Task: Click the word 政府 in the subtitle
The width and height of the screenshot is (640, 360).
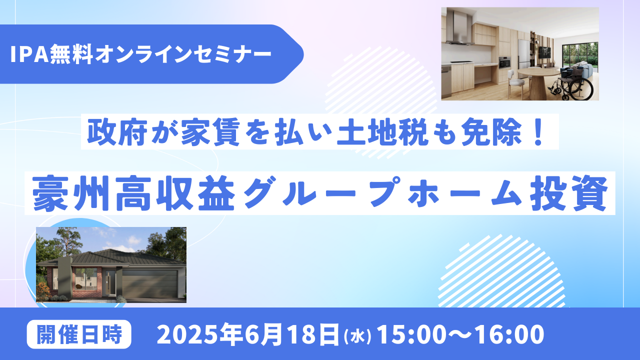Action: click(117, 131)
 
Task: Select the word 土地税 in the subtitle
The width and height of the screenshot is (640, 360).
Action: click(382, 131)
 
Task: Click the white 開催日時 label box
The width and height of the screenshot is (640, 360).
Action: click(79, 334)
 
